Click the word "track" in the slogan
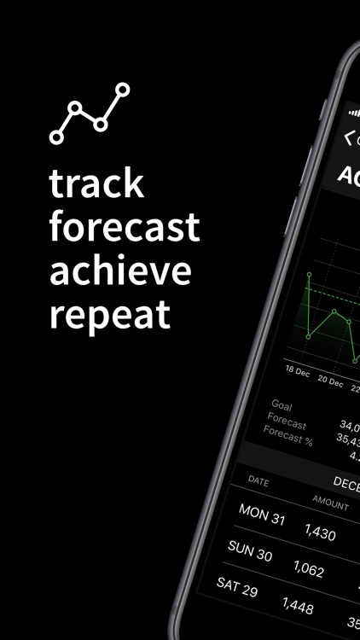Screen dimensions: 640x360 tap(96, 184)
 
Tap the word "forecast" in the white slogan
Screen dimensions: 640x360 tap(125, 228)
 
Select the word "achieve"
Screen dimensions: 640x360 tap(120, 271)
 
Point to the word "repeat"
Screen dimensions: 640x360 tap(110, 314)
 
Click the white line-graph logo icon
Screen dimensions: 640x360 tap(90, 113)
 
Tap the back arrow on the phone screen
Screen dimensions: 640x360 tap(349, 137)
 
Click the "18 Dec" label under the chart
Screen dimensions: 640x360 tap(298, 370)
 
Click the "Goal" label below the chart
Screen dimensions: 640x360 tap(281, 404)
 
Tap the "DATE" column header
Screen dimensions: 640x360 tap(258, 481)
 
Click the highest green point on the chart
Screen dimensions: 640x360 tap(311, 275)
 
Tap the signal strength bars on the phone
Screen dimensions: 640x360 tap(354, 112)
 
